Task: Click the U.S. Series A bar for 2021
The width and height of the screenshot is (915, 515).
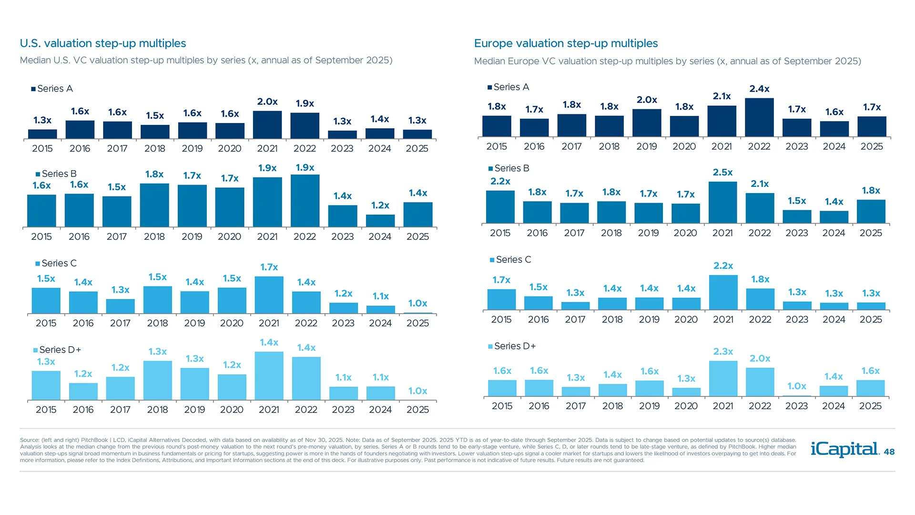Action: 267,125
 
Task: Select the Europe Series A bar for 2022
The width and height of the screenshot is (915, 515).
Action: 759,118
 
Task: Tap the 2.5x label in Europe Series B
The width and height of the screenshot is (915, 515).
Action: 722,172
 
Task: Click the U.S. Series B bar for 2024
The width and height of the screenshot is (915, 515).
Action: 380,221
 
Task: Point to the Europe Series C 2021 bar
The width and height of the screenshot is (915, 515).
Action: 723,292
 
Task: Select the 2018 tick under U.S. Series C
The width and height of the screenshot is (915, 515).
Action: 157,323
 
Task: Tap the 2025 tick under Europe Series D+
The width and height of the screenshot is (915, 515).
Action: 870,406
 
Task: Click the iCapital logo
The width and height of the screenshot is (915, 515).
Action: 845,449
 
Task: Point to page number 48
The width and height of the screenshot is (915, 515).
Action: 889,452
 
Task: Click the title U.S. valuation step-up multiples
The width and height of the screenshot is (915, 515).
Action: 103,43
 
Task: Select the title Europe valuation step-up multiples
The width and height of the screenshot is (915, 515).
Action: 566,43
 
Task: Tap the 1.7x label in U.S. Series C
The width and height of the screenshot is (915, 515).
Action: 269,267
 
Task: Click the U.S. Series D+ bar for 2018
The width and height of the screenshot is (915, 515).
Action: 158,380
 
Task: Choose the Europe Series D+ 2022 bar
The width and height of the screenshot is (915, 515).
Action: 760,382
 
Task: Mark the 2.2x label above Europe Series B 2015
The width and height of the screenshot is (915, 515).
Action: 500,181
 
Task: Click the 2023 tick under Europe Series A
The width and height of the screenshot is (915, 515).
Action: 796,146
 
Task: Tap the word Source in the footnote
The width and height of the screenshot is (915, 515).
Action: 30,440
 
